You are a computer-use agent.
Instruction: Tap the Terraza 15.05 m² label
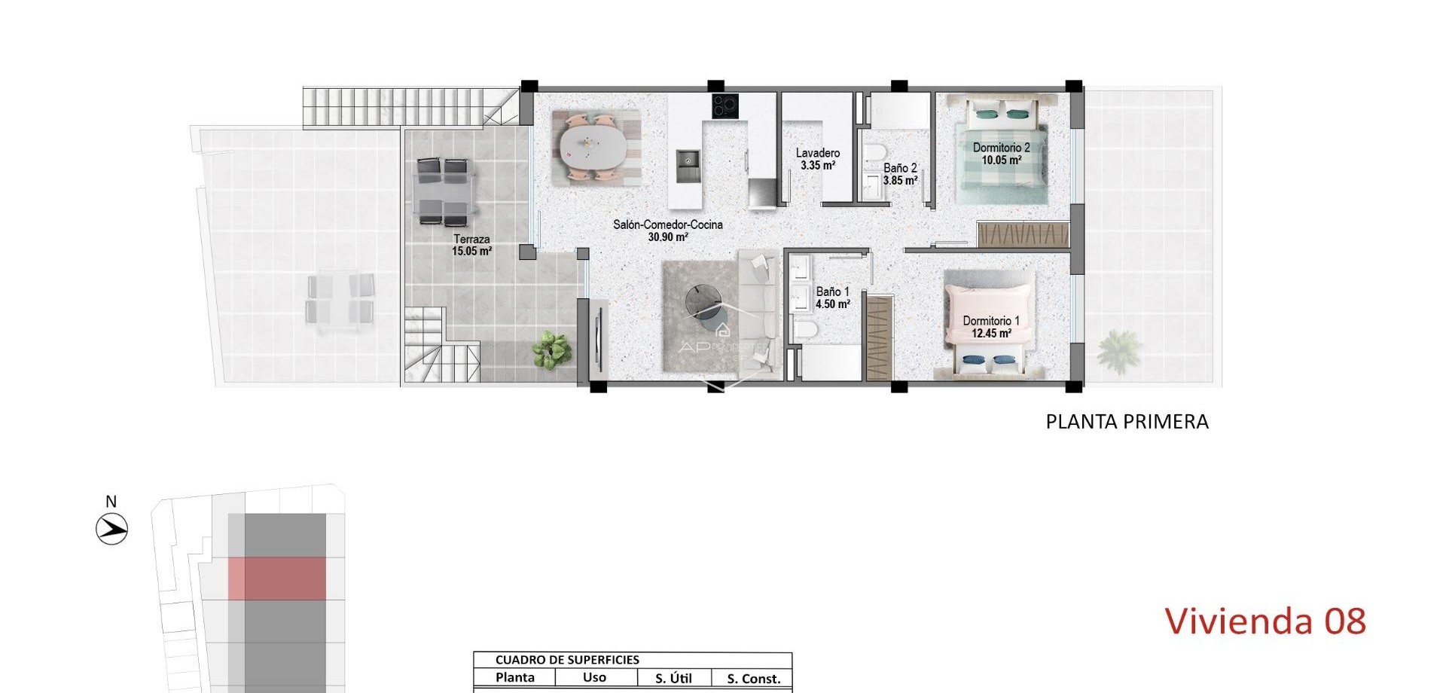[471, 245]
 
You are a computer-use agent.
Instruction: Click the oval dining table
[591, 147]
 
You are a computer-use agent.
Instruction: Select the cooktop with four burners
[725, 106]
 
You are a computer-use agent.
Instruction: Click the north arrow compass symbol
[112, 528]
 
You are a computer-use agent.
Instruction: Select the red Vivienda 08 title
[1264, 621]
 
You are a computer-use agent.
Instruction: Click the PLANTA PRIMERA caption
[1127, 422]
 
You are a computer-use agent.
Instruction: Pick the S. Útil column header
[673, 678]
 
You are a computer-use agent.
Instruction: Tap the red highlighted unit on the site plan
[276, 579]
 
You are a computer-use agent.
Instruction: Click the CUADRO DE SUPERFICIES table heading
[567, 660]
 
